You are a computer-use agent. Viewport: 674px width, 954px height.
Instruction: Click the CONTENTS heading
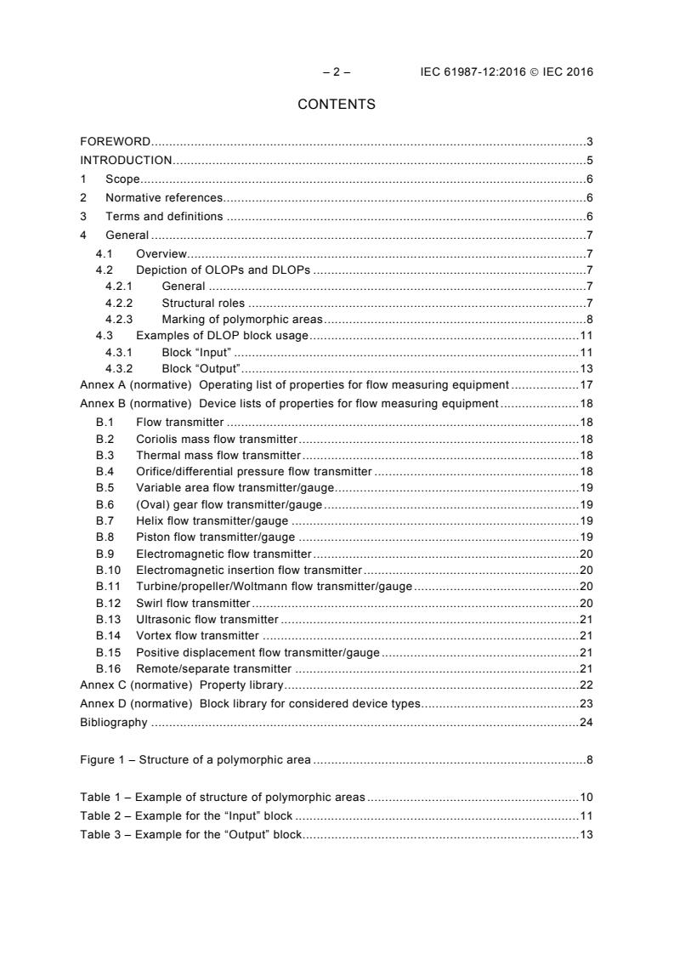[337, 105]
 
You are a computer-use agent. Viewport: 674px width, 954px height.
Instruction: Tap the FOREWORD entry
[116, 141]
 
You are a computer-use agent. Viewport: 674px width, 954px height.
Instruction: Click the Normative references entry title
[164, 197]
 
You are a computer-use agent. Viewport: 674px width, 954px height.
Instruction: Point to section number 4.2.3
[120, 320]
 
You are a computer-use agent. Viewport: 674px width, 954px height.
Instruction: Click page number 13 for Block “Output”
[586, 368]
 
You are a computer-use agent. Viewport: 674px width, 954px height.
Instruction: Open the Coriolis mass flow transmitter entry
[217, 439]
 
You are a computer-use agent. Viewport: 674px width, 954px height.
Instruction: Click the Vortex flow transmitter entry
[197, 635]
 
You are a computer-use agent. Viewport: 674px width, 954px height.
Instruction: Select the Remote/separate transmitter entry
[207, 668]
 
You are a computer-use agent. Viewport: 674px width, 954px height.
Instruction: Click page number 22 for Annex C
[586, 684]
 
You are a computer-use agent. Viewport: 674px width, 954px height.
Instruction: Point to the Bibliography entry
[113, 723]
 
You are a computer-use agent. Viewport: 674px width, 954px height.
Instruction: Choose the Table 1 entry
[222, 798]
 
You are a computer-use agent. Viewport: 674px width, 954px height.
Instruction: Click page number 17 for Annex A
[586, 384]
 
